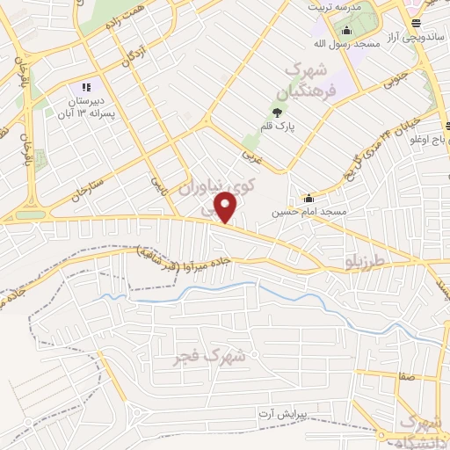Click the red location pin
(x=227, y=207)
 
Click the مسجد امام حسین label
(x=308, y=212)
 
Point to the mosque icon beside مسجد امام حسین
(x=308, y=197)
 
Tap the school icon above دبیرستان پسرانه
(x=86, y=87)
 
